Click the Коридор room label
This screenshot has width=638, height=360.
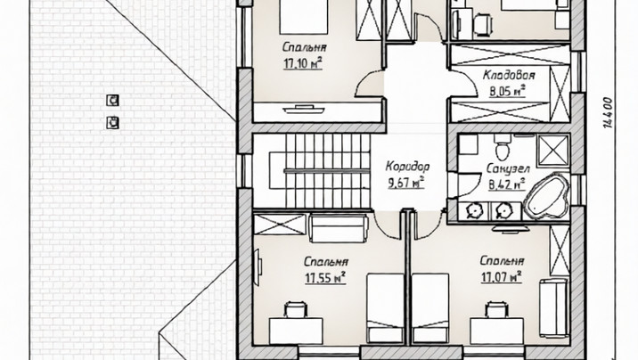[407, 167]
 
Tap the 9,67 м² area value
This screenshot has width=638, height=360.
[406, 183]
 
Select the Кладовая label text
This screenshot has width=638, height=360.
[509, 75]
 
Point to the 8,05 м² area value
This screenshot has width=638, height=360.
[507, 91]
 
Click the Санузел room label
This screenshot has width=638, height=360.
[508, 168]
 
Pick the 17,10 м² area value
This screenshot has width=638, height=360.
[303, 63]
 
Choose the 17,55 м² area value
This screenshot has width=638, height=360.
[325, 278]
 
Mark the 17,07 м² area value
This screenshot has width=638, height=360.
[502, 277]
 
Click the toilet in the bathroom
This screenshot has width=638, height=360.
[503, 148]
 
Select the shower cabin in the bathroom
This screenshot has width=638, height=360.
[552, 151]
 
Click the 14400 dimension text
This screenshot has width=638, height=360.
[608, 112]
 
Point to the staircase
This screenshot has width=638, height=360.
[320, 171]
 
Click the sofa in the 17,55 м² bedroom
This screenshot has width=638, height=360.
[339, 229]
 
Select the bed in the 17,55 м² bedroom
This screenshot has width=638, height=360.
[385, 308]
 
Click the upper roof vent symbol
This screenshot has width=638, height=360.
[112, 100]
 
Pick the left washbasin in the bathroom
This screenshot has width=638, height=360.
[473, 210]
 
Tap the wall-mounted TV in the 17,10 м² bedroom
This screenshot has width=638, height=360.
[304, 109]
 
